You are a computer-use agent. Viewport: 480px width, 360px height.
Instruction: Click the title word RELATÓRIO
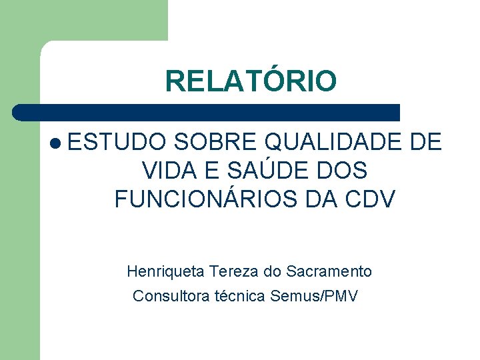(251, 81)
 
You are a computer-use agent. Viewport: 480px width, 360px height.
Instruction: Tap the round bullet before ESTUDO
(55, 143)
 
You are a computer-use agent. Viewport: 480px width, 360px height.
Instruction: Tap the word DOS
(342, 171)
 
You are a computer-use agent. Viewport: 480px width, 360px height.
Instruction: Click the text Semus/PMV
(314, 295)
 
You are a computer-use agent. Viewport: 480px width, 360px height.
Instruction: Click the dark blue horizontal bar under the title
(207, 112)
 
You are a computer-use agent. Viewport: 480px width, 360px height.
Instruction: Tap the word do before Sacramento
(273, 271)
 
